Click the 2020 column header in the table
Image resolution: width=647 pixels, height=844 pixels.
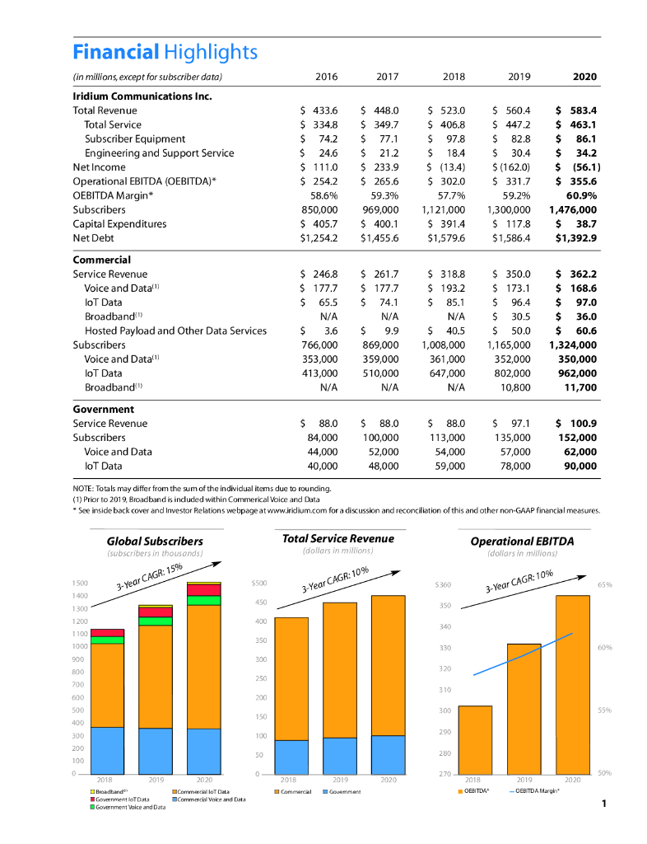pyautogui.click(x=584, y=77)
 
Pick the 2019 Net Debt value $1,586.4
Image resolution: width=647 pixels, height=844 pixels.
pyautogui.click(x=511, y=238)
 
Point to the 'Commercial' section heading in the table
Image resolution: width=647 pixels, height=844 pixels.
pyautogui.click(x=102, y=259)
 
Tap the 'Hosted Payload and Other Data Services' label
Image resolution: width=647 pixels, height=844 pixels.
pyautogui.click(x=175, y=331)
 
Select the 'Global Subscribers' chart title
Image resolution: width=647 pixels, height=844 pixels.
pyautogui.click(x=155, y=541)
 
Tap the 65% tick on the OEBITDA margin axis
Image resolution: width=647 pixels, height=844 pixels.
pyautogui.click(x=603, y=584)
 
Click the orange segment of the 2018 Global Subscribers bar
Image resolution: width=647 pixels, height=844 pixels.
pyautogui.click(x=107, y=684)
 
